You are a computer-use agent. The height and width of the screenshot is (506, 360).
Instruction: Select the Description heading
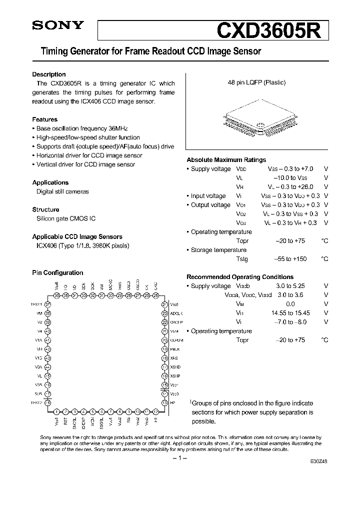49,74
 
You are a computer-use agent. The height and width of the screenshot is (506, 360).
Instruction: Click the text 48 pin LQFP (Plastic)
256,83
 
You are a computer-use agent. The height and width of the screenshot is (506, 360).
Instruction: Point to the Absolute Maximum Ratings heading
226,160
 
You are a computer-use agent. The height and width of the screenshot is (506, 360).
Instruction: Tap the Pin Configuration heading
57,273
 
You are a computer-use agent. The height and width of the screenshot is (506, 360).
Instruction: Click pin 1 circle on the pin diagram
57,411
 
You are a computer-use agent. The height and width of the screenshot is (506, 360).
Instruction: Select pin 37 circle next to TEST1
48,304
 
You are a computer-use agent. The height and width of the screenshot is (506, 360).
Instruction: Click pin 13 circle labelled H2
164,402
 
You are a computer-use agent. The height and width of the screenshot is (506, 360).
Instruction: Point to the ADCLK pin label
176,313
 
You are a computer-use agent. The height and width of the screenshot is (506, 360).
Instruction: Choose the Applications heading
50,182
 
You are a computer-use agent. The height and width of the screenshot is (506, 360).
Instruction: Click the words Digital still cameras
63,191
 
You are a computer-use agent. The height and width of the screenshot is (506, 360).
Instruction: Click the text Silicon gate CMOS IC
66,218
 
